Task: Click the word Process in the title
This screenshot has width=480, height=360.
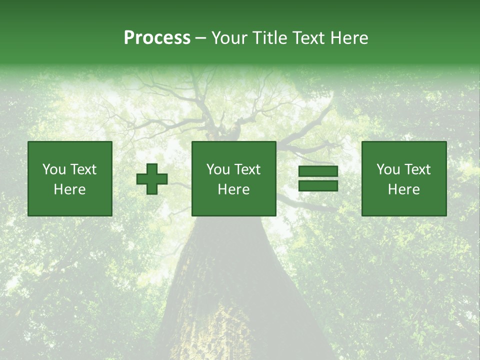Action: click(157, 38)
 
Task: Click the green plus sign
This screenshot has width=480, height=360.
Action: click(152, 179)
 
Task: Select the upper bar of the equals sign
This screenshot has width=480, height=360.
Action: click(318, 171)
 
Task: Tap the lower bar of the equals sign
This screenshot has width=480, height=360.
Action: click(318, 186)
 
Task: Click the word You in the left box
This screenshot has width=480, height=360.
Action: click(54, 169)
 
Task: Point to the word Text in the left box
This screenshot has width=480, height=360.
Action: click(83, 169)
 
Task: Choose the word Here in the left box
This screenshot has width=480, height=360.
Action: click(69, 189)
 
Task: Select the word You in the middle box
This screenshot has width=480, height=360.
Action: click(218, 169)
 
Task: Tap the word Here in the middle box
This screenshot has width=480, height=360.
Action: click(233, 189)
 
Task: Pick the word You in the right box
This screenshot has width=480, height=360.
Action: click(388, 169)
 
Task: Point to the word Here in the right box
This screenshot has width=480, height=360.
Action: click(403, 189)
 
